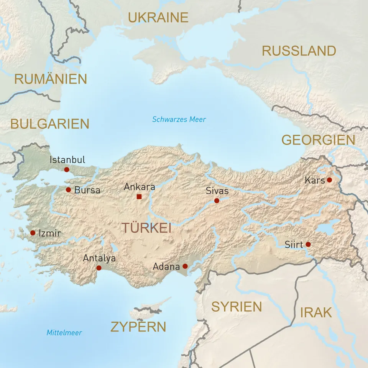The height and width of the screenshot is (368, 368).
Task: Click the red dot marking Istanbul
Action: pyautogui.click(x=67, y=169)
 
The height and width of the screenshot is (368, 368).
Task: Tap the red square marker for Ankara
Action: pyautogui.click(x=139, y=197)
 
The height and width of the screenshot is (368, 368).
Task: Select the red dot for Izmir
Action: pyautogui.click(x=33, y=233)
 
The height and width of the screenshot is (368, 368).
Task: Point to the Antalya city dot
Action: pyautogui.click(x=99, y=268)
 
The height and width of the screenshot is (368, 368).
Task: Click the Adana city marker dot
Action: pyautogui.click(x=185, y=266)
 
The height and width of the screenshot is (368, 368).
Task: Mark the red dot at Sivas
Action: pyautogui.click(x=217, y=200)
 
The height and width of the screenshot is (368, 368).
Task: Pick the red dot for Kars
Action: pyautogui.click(x=329, y=180)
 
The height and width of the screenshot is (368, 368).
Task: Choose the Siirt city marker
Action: pyautogui.click(x=308, y=244)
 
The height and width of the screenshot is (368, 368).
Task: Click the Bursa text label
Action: pyautogui.click(x=87, y=190)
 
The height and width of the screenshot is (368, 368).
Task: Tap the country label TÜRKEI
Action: pyautogui.click(x=146, y=228)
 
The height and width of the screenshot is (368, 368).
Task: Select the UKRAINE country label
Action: pyautogui.click(x=158, y=18)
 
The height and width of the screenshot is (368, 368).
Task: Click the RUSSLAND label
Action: pyautogui.click(x=299, y=51)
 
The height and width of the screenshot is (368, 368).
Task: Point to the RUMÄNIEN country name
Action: pyautogui.click(x=51, y=79)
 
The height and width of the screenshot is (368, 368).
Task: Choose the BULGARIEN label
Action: pyautogui.click(x=49, y=123)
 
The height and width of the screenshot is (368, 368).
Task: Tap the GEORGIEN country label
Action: pyautogui.click(x=318, y=140)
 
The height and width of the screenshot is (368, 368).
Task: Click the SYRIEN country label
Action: pyautogui.click(x=237, y=307)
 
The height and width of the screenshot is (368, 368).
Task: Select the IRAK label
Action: pyautogui.click(x=316, y=312)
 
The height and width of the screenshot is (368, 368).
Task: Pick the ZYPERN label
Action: pyautogui.click(x=138, y=327)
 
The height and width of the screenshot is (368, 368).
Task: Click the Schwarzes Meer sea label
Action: pyautogui.click(x=179, y=119)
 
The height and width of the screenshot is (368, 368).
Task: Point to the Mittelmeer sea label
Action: pyautogui.click(x=64, y=333)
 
